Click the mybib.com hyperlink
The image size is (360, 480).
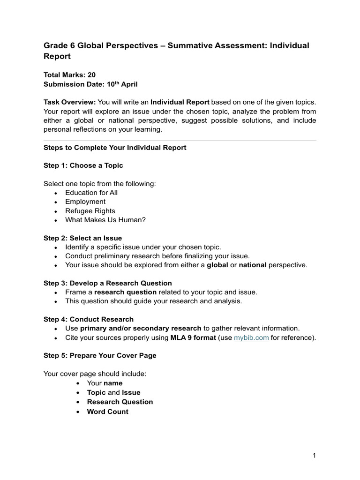(x=251, y=337)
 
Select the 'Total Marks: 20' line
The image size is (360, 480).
(x=70, y=75)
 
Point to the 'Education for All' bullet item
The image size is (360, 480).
(x=91, y=193)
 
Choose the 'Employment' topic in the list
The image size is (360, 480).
(x=85, y=202)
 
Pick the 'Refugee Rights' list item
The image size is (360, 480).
(x=90, y=211)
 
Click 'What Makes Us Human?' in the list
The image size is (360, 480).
(x=105, y=220)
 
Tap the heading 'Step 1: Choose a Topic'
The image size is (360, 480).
(x=83, y=165)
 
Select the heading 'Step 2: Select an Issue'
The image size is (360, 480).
(x=82, y=238)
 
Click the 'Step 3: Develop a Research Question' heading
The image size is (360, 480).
(x=108, y=283)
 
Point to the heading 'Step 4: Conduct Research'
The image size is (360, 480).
(x=89, y=319)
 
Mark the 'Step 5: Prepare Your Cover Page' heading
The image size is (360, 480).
(x=100, y=355)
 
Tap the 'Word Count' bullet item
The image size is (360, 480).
(x=108, y=412)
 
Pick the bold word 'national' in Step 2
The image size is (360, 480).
(x=253, y=265)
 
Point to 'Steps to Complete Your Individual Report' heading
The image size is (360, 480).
(x=115, y=147)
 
